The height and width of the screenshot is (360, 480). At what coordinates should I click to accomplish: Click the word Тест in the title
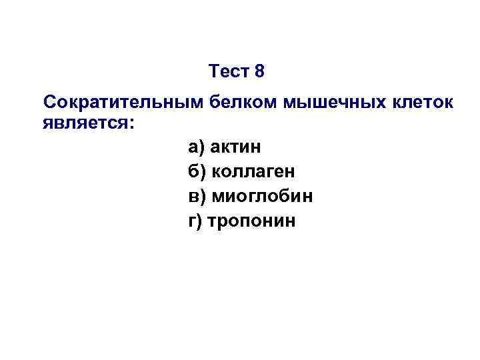(x=228, y=71)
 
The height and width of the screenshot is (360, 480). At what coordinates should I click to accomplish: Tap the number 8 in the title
(x=259, y=71)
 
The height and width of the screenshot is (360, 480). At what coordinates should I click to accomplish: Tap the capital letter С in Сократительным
(x=49, y=103)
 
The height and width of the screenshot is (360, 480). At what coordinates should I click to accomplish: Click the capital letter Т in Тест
(x=213, y=71)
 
